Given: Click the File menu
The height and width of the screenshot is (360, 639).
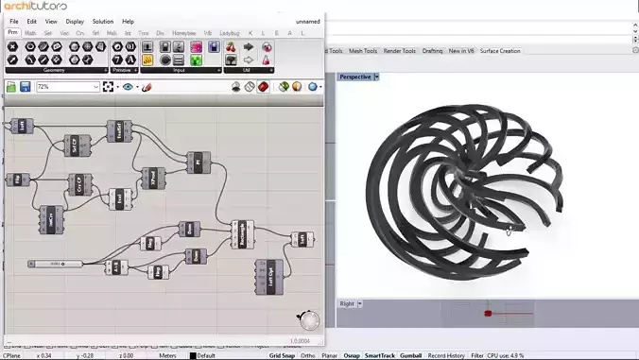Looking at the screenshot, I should pos(13,21).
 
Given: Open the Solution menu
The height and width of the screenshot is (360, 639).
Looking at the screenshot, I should pos(102,21).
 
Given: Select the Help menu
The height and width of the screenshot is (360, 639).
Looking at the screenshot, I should pos(128,21).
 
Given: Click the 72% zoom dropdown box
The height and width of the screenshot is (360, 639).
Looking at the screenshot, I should pos(67,87).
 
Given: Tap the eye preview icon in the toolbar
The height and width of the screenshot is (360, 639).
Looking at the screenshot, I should pos(128,87).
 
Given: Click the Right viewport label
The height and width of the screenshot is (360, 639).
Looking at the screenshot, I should pos(347,303).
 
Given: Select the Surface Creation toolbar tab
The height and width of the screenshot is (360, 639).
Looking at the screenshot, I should pos(499,51).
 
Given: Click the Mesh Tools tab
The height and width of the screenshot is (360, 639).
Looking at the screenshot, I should pos(364,51).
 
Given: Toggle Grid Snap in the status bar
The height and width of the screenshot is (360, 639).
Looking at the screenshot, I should pos(282,355).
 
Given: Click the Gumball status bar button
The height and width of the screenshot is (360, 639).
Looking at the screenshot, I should pos(411,355).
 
